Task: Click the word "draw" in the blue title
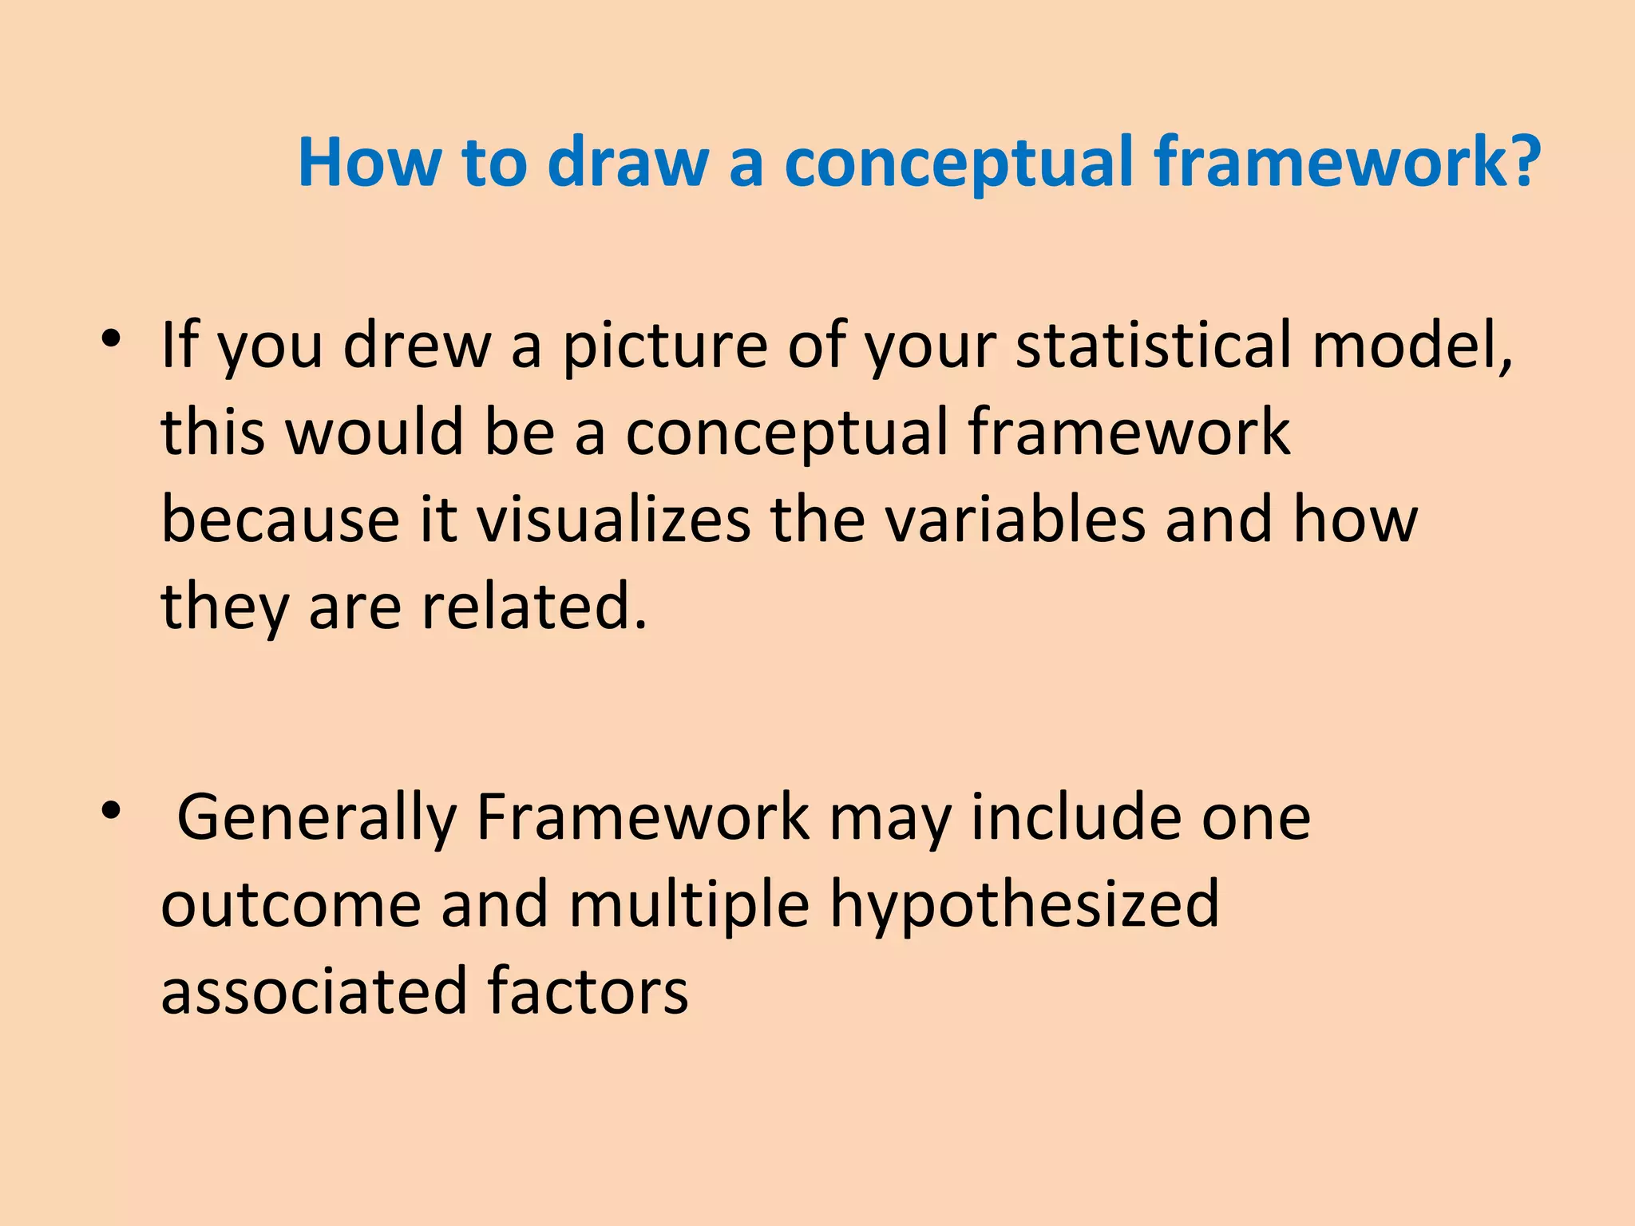click(627, 163)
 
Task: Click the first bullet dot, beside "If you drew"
click(111, 338)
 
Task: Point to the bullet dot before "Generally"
click(111, 810)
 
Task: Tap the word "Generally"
click(316, 819)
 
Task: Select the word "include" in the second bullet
click(1075, 817)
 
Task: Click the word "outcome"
click(291, 905)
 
